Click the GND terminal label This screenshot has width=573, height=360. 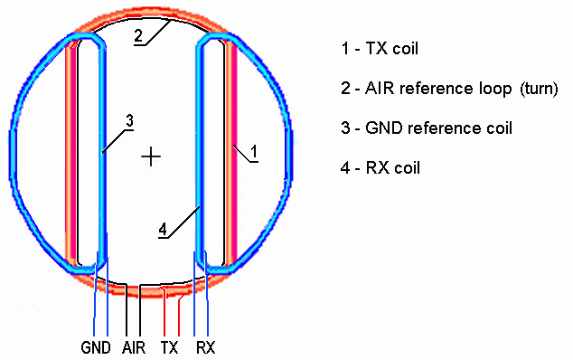96,347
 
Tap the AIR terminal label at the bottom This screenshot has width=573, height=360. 134,347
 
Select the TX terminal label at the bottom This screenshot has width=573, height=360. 169,347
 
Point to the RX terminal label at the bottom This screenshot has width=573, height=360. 206,347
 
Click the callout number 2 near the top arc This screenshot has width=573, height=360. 138,36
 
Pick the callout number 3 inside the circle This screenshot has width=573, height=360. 129,120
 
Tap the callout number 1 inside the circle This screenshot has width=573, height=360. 254,151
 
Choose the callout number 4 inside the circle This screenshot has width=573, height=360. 163,230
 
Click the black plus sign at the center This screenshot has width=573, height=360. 151,156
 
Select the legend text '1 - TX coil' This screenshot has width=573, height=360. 380,48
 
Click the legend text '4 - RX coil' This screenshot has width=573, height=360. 380,168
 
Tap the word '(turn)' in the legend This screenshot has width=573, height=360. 540,89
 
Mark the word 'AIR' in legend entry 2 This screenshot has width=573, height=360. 380,89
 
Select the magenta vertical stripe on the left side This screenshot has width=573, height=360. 72,153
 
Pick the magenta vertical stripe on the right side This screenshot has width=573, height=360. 234,153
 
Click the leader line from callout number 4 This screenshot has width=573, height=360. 180,223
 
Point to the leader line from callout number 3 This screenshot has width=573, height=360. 117,140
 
